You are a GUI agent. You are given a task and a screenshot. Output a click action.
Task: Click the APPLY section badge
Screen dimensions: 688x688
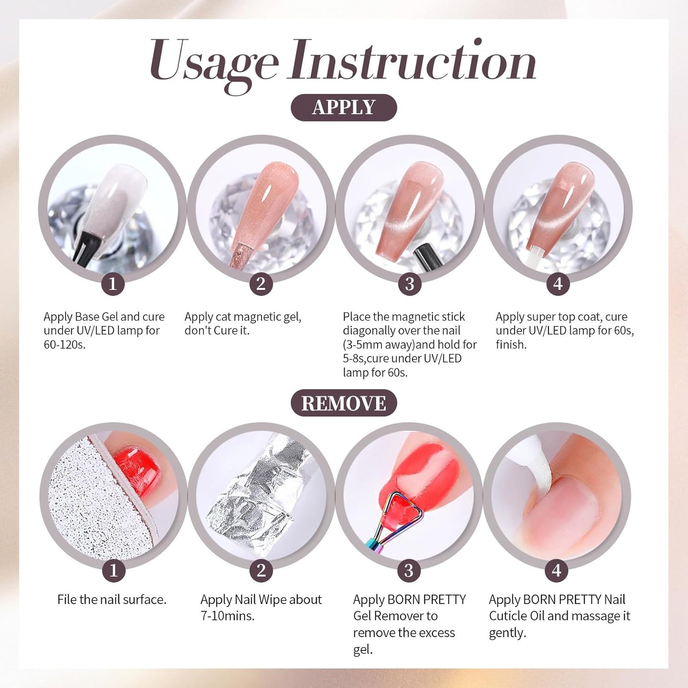(344, 108)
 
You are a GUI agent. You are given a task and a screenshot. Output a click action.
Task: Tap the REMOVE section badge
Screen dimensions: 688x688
(344, 403)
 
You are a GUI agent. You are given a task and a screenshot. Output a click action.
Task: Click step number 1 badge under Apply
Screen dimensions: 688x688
(113, 284)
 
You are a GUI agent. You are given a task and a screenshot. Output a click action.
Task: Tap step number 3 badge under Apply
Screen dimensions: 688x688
(409, 284)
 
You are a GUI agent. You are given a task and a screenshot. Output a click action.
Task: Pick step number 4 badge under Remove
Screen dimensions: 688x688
(557, 570)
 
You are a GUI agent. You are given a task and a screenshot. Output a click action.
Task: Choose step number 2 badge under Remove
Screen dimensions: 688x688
(261, 570)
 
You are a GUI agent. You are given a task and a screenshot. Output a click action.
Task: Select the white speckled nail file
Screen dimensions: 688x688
(90, 505)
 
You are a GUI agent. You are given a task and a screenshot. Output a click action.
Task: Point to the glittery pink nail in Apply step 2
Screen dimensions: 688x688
(267, 205)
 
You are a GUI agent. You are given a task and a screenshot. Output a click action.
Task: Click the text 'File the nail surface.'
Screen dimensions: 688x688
(112, 599)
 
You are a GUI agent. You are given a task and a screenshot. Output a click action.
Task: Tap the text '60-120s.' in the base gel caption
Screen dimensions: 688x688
(65, 345)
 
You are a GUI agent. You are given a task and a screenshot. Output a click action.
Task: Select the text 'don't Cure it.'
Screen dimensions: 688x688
(217, 330)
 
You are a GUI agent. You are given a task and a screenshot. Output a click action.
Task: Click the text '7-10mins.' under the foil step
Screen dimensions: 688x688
(228, 616)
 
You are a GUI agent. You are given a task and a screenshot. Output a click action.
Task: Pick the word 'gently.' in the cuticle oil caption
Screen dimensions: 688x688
(508, 633)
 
